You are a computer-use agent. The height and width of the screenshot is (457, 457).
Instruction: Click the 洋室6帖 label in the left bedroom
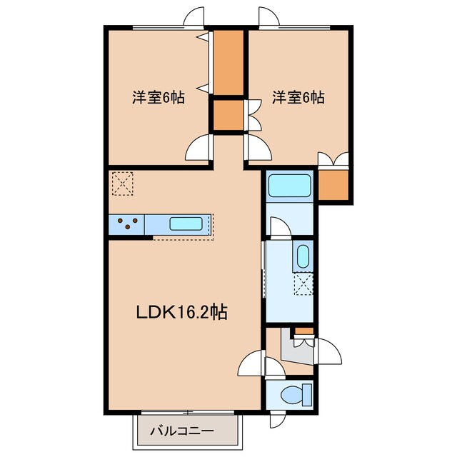point(158,98)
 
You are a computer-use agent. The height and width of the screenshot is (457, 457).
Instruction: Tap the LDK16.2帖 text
point(182,312)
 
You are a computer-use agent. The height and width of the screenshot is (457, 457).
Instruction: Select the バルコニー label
point(181,431)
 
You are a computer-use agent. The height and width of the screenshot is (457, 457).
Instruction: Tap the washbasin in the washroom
point(303,256)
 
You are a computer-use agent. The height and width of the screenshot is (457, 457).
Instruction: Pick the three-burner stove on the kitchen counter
point(127,224)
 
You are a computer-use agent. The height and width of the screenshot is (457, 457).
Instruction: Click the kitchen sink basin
point(186,224)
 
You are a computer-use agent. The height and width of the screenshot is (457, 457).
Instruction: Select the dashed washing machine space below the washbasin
point(303,285)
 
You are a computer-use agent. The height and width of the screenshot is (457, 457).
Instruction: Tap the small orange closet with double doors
point(228,116)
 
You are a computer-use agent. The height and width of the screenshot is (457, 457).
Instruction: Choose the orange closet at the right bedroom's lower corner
point(333,185)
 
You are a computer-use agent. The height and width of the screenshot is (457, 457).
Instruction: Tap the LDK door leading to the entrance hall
point(251,363)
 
